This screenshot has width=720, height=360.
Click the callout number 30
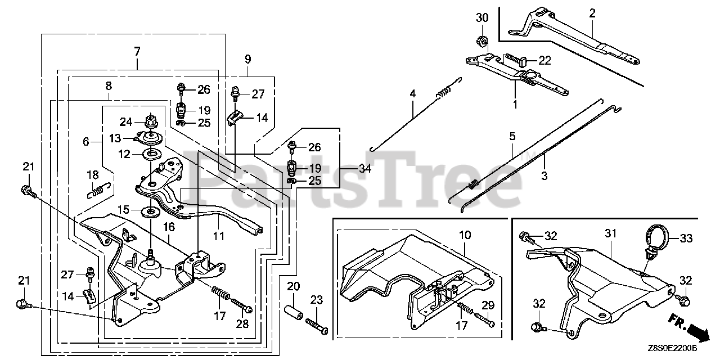[483, 18]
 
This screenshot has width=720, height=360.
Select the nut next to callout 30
[482, 40]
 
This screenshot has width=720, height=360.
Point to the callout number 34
[365, 168]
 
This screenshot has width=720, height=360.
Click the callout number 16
[169, 227]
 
